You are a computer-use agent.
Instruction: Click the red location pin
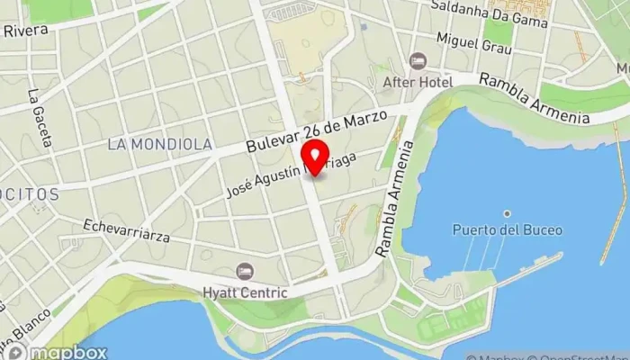(x=314, y=156)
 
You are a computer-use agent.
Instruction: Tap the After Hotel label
(x=417, y=82)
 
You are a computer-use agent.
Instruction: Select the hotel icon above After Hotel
(x=417, y=61)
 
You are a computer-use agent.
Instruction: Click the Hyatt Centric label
(x=245, y=292)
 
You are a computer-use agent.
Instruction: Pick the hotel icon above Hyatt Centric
(x=245, y=271)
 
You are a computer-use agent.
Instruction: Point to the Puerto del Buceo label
(x=508, y=230)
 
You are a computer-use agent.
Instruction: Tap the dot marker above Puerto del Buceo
(x=508, y=213)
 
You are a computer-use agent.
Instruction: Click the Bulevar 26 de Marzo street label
(x=316, y=131)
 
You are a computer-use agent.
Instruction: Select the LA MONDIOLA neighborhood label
(x=159, y=144)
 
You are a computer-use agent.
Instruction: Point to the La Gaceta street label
(x=39, y=118)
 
